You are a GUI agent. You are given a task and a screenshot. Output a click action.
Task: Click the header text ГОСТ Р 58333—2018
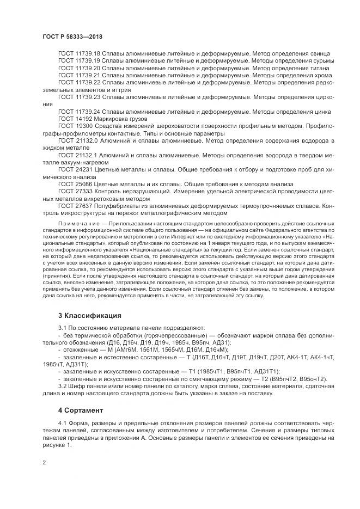(x=72, y=36)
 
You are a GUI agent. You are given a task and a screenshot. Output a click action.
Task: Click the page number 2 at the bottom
(x=44, y=463)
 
